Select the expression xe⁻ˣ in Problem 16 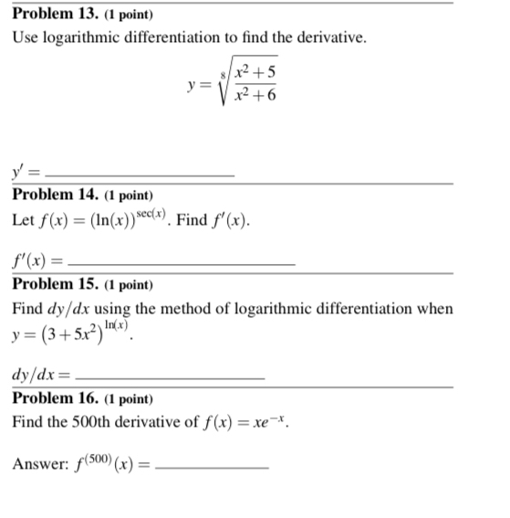click(x=273, y=423)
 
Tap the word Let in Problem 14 click(x=24, y=221)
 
